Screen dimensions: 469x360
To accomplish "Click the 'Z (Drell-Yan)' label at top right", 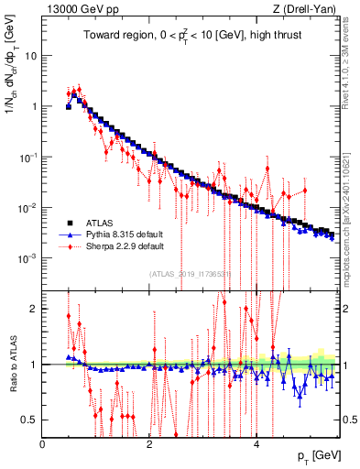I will click(x=308, y=8).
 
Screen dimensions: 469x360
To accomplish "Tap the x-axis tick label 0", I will click(x=43, y=444).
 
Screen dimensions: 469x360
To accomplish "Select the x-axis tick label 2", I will click(x=149, y=444).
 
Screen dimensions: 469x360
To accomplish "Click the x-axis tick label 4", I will click(x=256, y=444).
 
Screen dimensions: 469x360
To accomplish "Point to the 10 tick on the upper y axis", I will click(x=30, y=55).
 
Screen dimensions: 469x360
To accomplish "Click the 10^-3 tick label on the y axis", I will click(x=28, y=258).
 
